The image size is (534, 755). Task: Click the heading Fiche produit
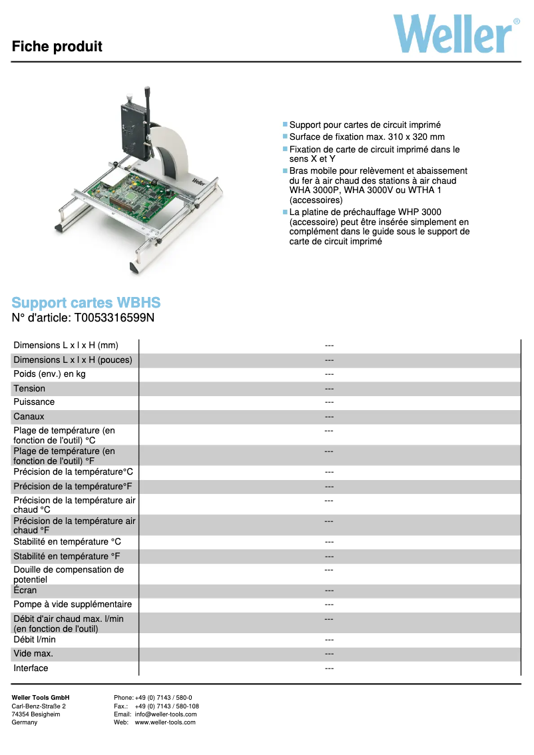click(x=57, y=47)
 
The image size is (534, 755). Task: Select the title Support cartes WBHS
click(x=86, y=303)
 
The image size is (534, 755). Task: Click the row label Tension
click(x=29, y=388)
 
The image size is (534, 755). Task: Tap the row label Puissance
click(x=34, y=402)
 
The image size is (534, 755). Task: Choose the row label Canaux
click(x=29, y=417)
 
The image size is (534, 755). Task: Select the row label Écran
click(x=25, y=591)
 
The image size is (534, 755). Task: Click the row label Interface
click(x=31, y=668)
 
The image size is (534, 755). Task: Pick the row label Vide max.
click(x=33, y=654)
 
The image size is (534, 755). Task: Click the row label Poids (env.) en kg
click(x=49, y=374)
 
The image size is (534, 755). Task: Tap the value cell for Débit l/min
click(x=329, y=640)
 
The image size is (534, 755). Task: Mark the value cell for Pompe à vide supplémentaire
click(x=329, y=605)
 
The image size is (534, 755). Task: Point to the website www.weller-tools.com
click(x=165, y=722)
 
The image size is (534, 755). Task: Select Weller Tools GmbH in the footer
click(x=41, y=698)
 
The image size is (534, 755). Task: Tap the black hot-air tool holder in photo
click(x=132, y=130)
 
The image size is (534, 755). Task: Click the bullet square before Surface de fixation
click(x=285, y=136)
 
